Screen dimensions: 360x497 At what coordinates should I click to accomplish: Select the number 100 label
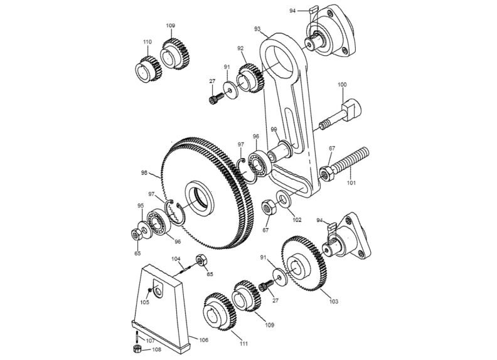342,84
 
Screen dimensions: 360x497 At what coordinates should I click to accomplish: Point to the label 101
351,183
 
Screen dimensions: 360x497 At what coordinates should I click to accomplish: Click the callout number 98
144,172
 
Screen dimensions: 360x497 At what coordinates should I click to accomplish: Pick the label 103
333,302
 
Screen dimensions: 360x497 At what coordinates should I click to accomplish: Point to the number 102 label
297,220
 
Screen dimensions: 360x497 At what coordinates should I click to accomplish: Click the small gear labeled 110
146,65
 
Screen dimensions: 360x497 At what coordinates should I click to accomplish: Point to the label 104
176,258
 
